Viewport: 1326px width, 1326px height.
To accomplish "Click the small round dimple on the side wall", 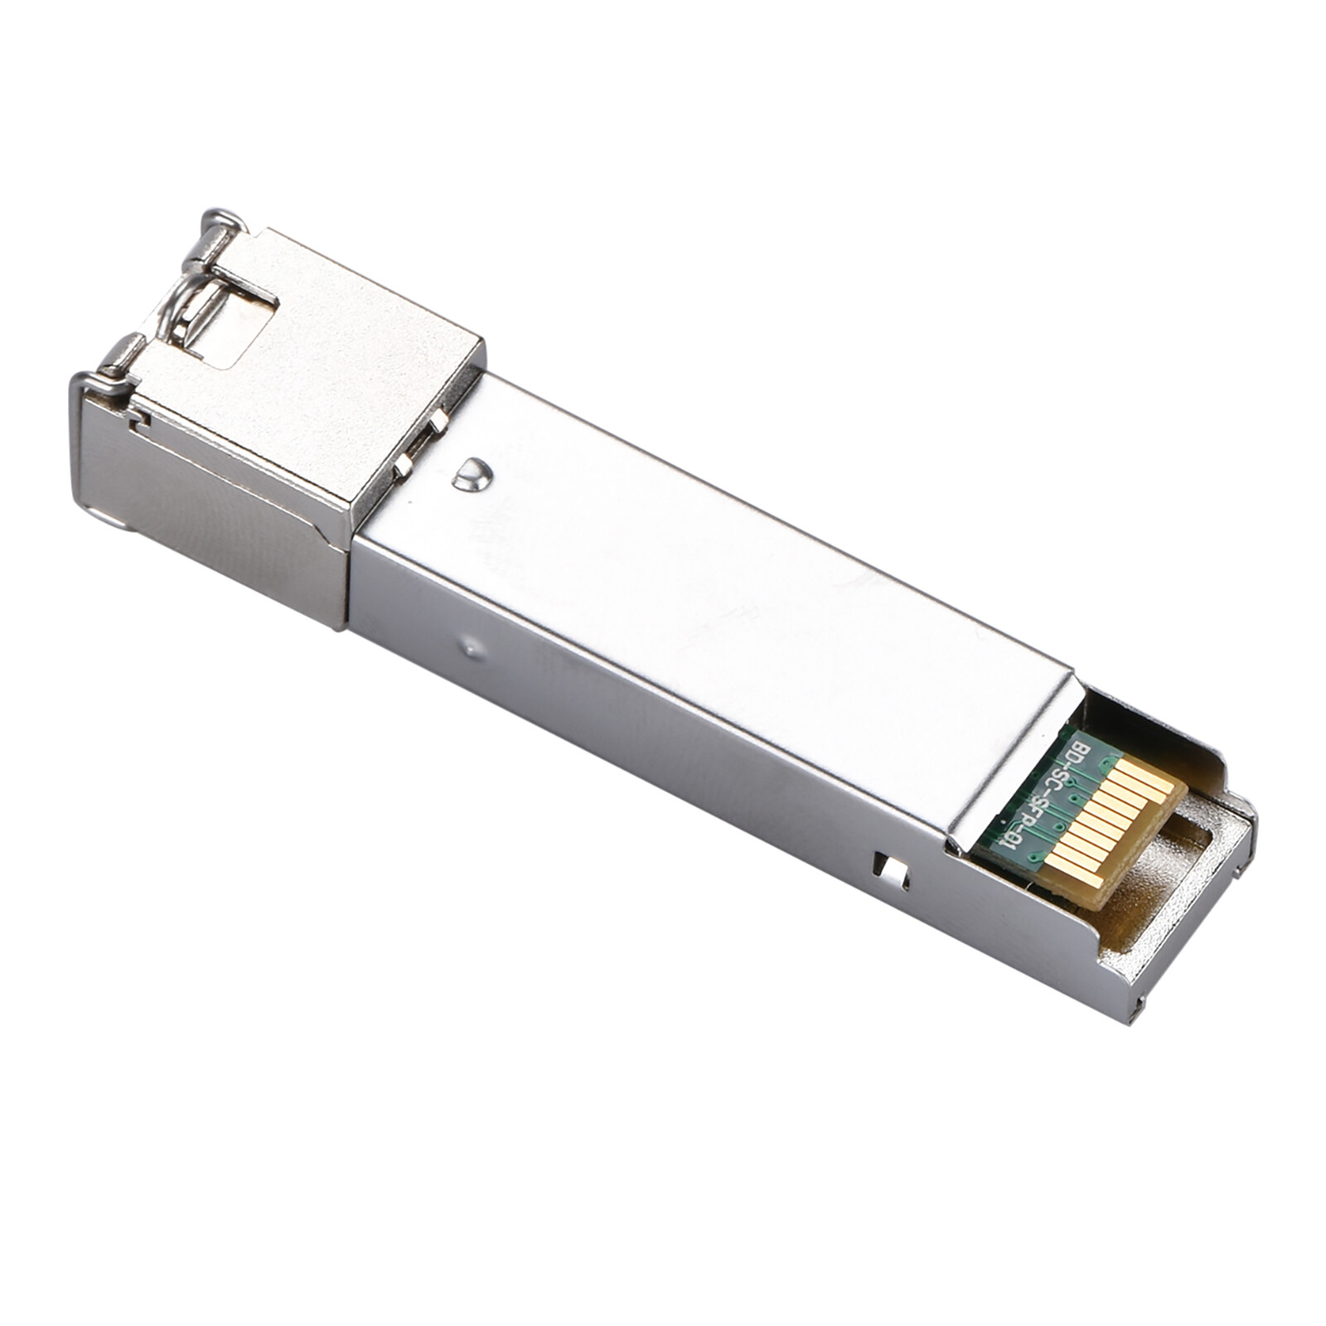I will click(x=472, y=646).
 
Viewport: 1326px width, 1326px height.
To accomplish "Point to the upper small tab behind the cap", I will click(x=437, y=422).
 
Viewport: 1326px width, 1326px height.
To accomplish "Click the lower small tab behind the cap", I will click(x=404, y=464).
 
